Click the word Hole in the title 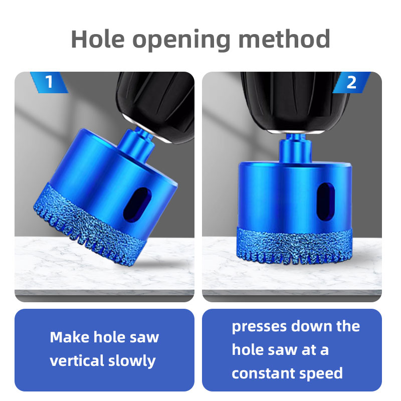(98, 39)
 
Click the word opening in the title (181, 41)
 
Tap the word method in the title (284, 39)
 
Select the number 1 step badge (49, 82)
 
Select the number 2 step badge (351, 82)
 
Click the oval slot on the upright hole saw (326, 202)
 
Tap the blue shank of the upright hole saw (295, 148)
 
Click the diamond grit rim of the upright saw (295, 246)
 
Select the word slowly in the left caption (132, 361)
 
